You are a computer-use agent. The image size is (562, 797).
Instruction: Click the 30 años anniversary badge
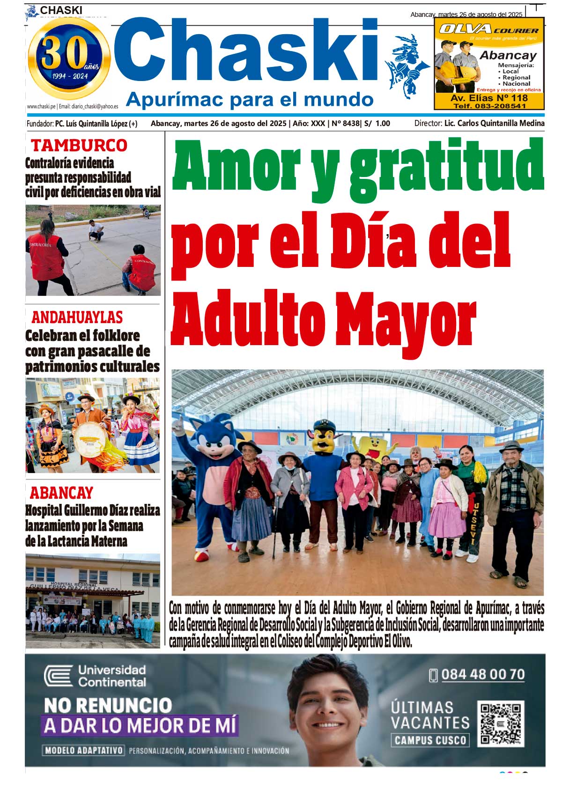(x=69, y=59)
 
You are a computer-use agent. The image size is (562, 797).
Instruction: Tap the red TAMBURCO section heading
(x=79, y=146)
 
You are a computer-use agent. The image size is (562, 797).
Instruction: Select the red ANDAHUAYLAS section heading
(x=77, y=317)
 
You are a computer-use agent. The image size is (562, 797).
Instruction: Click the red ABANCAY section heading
(x=61, y=493)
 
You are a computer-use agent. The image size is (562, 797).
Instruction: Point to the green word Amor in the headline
(x=236, y=164)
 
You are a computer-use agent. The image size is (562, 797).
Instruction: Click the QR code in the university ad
(x=500, y=723)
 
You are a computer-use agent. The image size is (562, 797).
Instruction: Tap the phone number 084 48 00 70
(x=482, y=674)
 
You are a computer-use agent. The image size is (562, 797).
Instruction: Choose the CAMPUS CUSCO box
(x=430, y=740)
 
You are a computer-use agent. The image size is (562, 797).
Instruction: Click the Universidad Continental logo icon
(x=59, y=676)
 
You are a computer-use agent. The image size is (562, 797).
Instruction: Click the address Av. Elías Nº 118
(x=489, y=98)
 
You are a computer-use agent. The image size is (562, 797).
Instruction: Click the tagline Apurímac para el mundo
(x=250, y=99)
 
